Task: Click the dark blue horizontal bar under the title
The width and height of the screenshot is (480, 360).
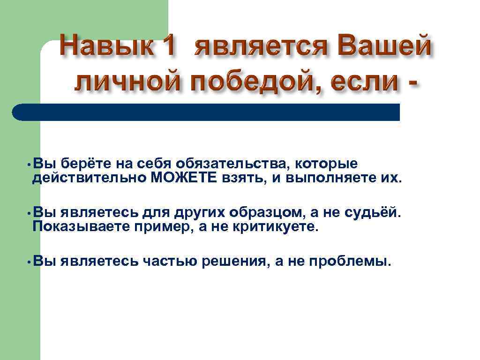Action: (x=206, y=112)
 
